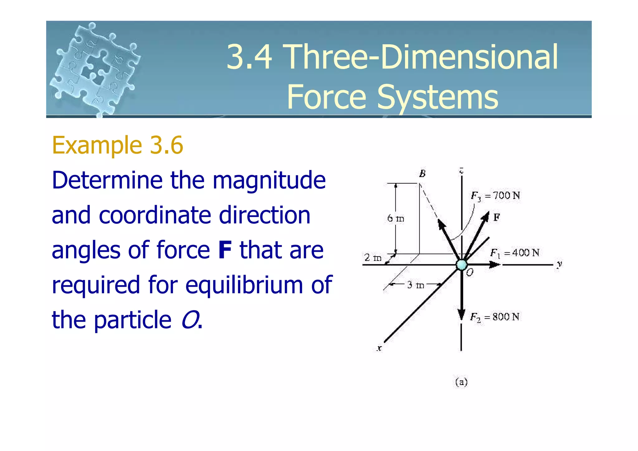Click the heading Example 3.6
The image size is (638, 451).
117,145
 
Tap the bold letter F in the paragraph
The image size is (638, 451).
225,250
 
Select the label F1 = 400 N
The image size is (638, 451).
514,253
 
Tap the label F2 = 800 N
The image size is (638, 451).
495,317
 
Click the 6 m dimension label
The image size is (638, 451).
396,218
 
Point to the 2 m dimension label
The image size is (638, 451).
373,258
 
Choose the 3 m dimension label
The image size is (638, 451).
416,285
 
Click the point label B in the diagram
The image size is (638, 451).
422,174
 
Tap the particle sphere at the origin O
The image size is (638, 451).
461,265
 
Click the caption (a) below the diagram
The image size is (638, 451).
461,382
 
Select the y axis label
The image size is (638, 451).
559,265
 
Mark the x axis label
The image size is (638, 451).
379,348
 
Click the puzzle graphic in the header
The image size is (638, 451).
95,69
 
